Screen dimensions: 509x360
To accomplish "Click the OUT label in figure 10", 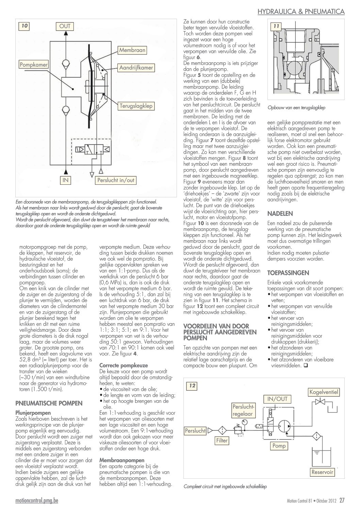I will [65, 26].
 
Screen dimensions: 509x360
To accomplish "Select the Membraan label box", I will [132, 50].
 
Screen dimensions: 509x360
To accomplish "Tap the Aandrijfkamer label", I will [136, 68].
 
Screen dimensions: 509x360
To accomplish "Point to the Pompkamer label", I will [34, 64].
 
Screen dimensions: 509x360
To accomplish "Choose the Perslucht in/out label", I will [116, 180].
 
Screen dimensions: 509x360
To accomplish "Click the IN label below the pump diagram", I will [65, 180].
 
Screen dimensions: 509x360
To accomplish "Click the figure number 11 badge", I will [276, 26].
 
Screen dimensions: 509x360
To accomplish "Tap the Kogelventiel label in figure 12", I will [324, 392].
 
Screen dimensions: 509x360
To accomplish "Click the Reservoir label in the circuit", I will [322, 472].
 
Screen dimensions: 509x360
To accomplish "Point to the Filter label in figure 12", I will [222, 441].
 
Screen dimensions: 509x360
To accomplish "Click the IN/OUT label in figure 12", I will [277, 399].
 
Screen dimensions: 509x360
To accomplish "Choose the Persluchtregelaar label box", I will [243, 410].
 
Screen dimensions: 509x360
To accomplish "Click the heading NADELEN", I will [280, 214].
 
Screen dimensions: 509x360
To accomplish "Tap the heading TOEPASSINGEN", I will [288, 273].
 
